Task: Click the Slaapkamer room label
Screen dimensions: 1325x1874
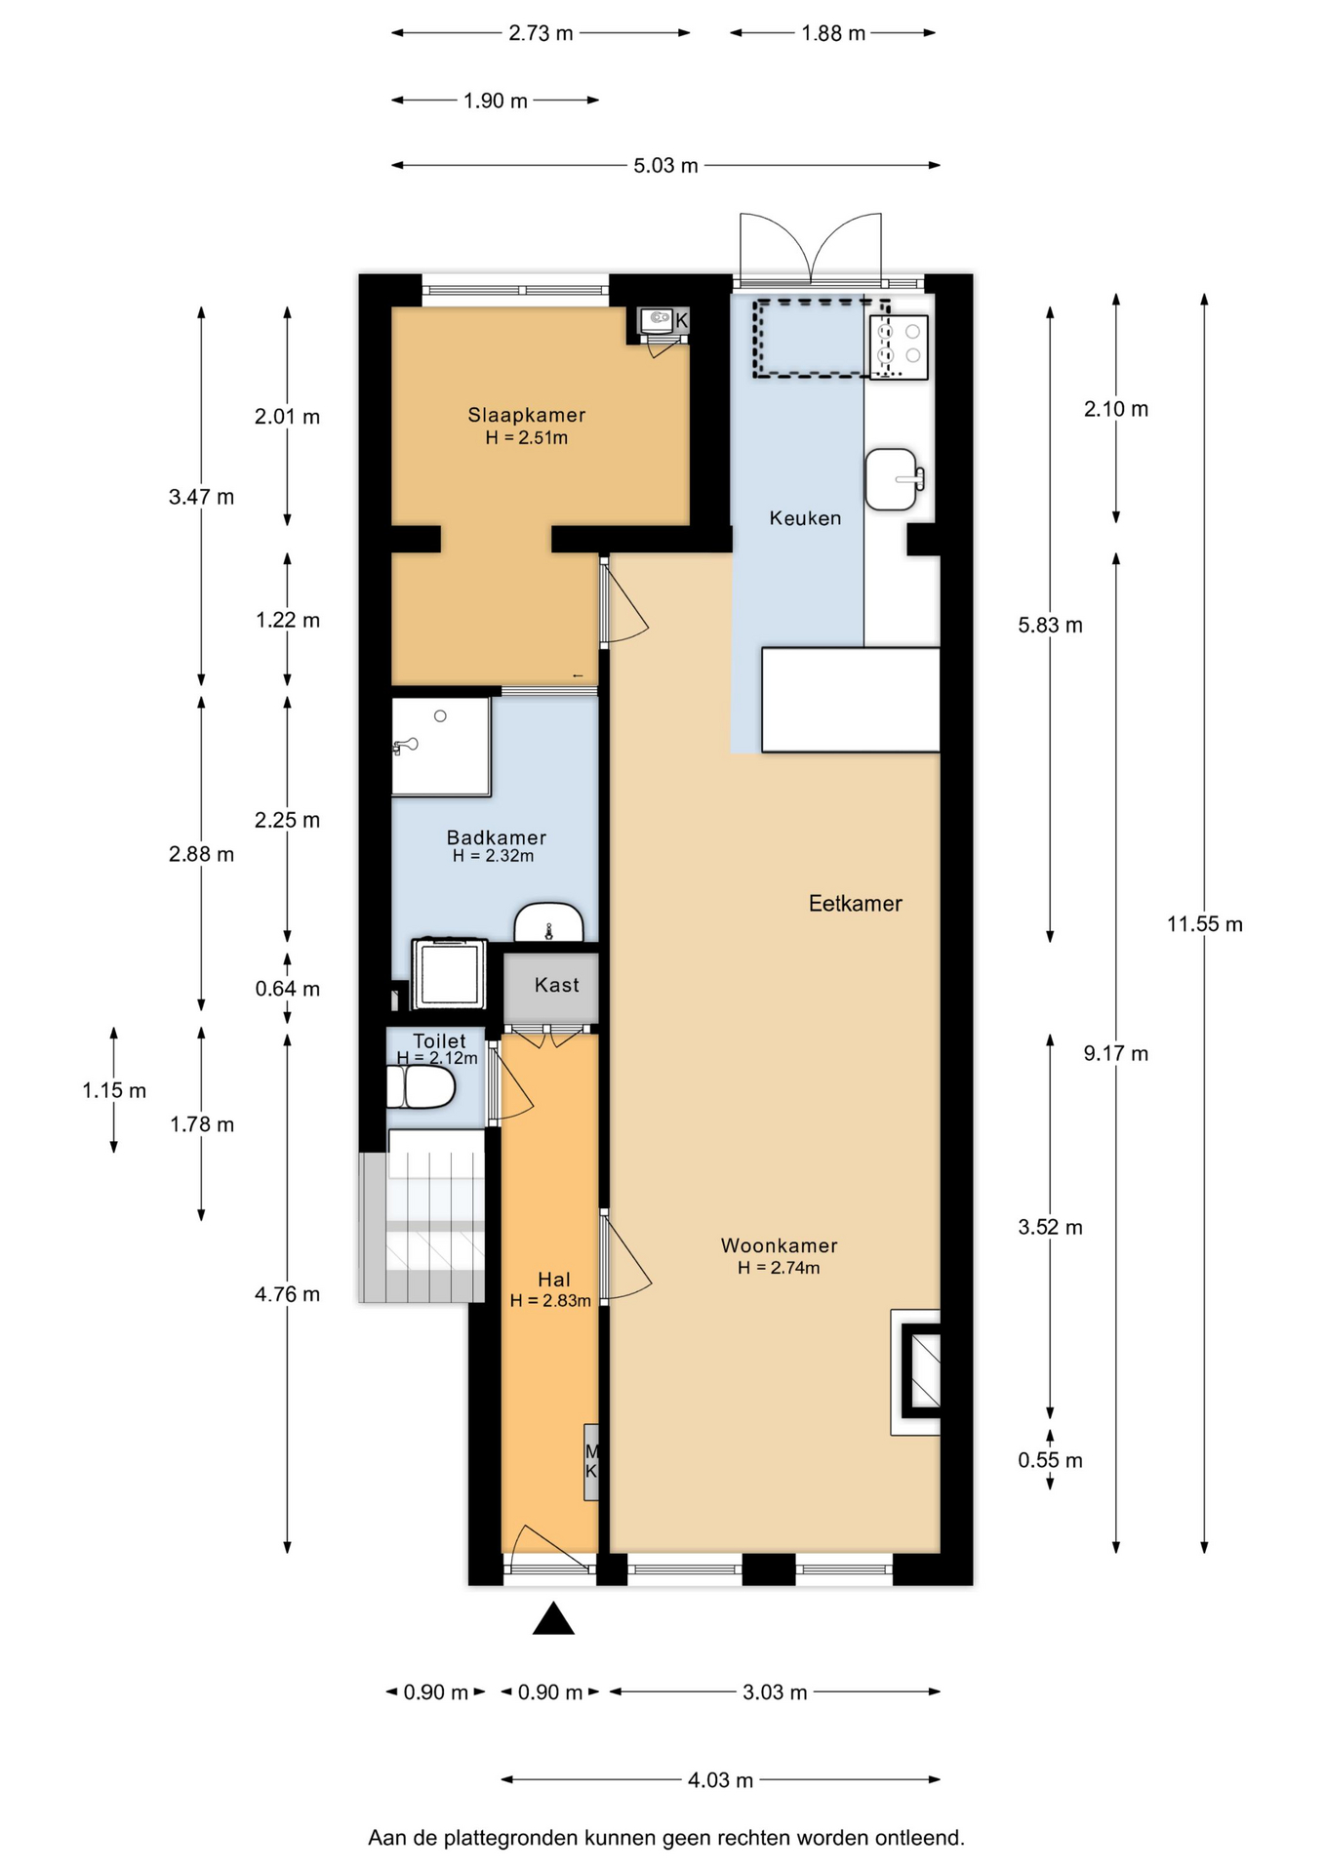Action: (x=527, y=415)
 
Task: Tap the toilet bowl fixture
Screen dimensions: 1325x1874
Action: (x=422, y=1086)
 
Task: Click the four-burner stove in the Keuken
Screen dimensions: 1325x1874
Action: (x=899, y=346)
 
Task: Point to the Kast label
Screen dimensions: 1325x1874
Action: (x=557, y=985)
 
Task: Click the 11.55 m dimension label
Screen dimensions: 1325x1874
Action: (x=1205, y=923)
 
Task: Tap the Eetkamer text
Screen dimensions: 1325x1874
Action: (x=856, y=903)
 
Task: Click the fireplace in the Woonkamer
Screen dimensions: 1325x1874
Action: (x=916, y=1371)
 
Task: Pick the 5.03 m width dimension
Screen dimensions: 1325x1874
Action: (x=666, y=166)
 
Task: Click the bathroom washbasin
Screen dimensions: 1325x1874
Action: (x=548, y=922)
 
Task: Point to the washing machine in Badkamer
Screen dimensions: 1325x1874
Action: (x=449, y=973)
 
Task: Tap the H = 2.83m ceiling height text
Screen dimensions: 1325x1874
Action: (x=550, y=1300)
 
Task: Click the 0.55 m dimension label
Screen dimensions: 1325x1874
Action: (x=1051, y=1460)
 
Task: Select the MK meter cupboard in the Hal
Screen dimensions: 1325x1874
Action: (x=591, y=1461)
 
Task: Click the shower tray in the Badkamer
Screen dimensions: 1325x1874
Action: (x=441, y=747)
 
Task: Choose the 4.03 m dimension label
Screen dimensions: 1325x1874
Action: (x=721, y=1780)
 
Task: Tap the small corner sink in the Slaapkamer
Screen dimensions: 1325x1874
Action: (x=662, y=320)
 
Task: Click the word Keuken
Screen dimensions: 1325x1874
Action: (x=805, y=518)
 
